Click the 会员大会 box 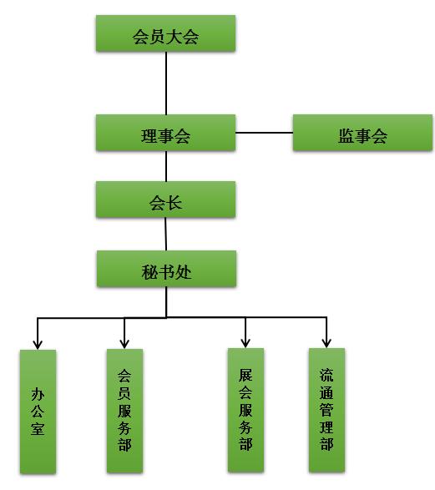point(165,33)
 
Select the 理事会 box point(165,133)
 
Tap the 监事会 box point(362,133)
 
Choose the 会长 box point(165,200)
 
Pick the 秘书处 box point(166,269)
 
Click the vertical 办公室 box point(38,412)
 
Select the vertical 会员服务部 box point(124,411)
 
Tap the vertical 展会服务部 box point(245,410)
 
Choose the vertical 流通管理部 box point(326,410)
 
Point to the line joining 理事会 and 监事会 point(264,133)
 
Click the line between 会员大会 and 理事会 point(166,83)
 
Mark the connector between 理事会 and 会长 point(166,166)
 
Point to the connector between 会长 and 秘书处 point(165,234)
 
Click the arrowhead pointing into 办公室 point(38,345)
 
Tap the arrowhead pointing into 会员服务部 point(124,344)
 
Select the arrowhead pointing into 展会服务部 point(245,343)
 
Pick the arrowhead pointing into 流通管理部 point(326,343)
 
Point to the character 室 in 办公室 point(38,428)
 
